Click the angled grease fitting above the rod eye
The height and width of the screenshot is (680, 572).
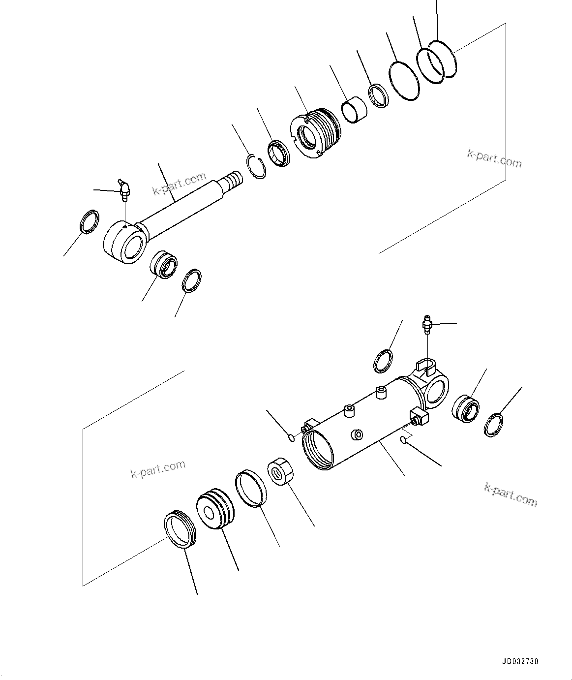124,190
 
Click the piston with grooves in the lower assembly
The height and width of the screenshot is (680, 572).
215,509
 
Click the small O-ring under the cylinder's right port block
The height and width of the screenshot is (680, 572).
404,440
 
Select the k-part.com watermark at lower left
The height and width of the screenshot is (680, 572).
158,469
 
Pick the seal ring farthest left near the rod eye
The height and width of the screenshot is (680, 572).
89,221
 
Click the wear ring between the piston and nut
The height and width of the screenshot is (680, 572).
251,488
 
